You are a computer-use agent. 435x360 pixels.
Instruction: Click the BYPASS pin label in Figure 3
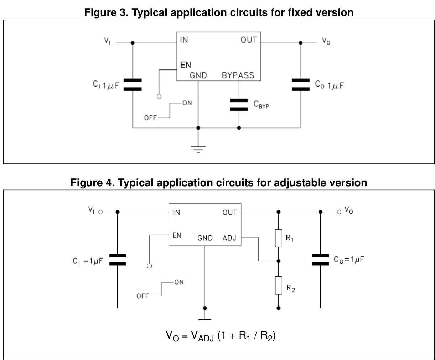[x=238, y=75]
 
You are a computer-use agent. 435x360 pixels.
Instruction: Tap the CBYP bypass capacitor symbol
[x=239, y=105]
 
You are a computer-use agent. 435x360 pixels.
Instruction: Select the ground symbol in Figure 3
[x=198, y=148]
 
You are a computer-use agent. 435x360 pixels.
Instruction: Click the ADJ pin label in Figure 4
[x=229, y=238]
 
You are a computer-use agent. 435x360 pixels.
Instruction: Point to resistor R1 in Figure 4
[x=279, y=238]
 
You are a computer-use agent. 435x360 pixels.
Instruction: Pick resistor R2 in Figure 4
[x=279, y=286]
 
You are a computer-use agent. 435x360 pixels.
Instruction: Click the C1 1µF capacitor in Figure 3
[x=133, y=85]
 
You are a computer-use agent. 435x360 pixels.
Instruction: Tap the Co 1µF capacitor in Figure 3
[x=300, y=85]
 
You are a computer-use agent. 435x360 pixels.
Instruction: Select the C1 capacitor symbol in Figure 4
[x=117, y=260]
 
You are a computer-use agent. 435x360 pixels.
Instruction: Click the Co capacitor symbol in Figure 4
[x=320, y=260]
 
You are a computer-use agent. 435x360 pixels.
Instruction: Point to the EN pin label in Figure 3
[x=185, y=65]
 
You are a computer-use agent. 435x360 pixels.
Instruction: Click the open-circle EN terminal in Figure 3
[x=159, y=96]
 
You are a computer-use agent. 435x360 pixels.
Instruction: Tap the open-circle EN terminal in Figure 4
[x=150, y=266]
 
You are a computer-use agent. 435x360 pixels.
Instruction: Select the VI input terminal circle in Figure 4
[x=100, y=212]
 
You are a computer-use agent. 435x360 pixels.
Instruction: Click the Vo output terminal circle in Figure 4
[x=339, y=212]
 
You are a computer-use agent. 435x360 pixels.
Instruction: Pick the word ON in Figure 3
[x=187, y=103]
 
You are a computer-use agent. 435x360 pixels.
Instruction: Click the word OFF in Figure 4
[x=143, y=296]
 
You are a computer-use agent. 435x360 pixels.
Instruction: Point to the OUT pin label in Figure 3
[x=248, y=40]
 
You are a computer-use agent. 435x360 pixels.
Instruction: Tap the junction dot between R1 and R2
[x=279, y=261]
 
